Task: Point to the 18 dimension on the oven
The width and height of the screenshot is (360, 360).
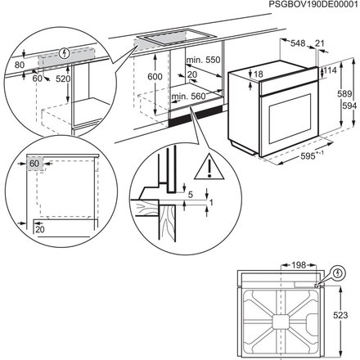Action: point(259,74)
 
